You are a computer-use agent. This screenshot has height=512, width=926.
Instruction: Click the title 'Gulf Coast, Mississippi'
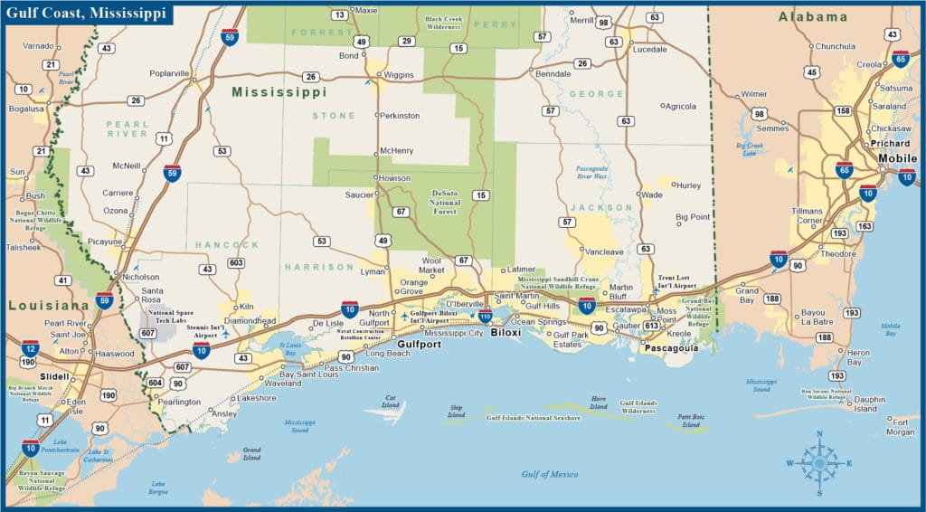pyautogui.click(x=88, y=15)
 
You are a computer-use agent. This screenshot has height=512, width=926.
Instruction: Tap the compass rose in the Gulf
pyautogui.click(x=819, y=463)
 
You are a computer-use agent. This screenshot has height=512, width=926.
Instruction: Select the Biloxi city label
pyautogui.click(x=506, y=332)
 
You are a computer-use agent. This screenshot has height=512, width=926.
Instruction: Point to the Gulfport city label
pyautogui.click(x=418, y=344)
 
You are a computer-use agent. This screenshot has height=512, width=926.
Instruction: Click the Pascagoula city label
pyautogui.click(x=669, y=346)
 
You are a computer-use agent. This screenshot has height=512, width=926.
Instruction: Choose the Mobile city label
pyautogui.click(x=897, y=158)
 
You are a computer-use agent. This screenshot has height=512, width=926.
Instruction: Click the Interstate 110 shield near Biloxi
pyautogui.click(x=486, y=315)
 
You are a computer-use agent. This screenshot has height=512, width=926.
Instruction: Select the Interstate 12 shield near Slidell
pyautogui.click(x=31, y=347)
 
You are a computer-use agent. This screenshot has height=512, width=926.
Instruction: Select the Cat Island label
pyautogui.click(x=391, y=401)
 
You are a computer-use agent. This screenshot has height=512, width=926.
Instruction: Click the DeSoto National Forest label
pyautogui.click(x=445, y=201)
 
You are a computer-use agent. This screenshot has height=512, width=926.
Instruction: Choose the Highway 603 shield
pyautogui.click(x=236, y=262)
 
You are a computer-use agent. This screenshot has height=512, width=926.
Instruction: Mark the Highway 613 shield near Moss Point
pyautogui.click(x=651, y=326)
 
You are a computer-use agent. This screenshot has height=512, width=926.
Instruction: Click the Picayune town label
pyautogui.click(x=105, y=242)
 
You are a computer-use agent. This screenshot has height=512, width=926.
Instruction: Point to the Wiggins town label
pyautogui.click(x=399, y=74)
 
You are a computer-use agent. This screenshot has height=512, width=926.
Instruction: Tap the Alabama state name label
pyautogui.click(x=814, y=16)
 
